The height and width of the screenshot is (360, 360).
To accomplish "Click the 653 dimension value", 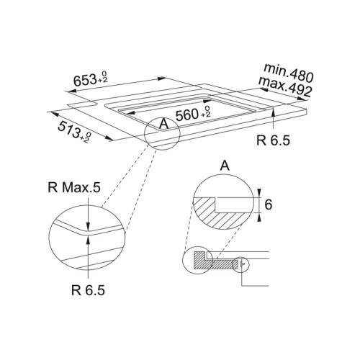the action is click(x=85, y=80).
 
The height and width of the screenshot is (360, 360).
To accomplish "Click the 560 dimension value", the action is click(x=187, y=114).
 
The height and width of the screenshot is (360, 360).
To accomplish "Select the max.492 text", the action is click(x=285, y=86).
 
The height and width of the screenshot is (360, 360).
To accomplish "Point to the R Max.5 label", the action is click(x=74, y=187).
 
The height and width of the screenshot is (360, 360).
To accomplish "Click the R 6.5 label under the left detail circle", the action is click(x=88, y=290).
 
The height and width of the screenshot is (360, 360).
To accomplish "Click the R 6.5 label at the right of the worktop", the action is click(x=273, y=140).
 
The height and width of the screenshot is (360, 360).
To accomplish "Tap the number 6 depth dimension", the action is click(x=269, y=204).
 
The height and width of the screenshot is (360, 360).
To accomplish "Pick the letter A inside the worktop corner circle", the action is click(x=163, y=124).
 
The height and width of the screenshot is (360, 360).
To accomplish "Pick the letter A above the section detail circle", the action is click(x=225, y=166).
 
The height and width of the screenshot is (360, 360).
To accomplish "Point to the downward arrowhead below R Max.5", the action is click(x=89, y=226).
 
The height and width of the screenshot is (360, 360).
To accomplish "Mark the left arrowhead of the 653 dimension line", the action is click(x=71, y=91).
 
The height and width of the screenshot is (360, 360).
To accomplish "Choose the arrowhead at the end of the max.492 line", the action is click(x=302, y=99).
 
